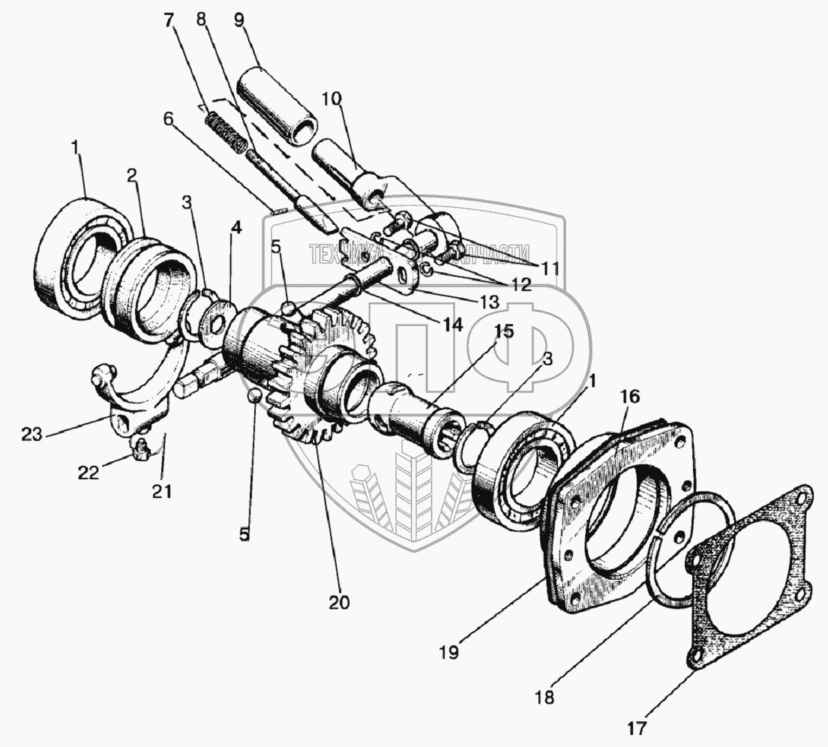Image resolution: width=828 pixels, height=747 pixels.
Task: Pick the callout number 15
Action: [504, 331]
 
